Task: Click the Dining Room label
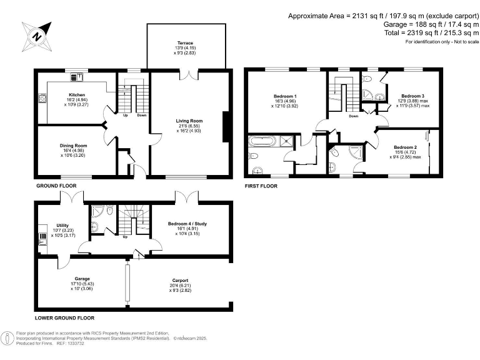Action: [73, 145]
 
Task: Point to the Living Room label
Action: [190, 121]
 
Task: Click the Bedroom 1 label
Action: [286, 96]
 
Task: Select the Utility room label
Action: [62, 225]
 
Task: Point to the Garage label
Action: [82, 278]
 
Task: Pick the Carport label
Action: [180, 281]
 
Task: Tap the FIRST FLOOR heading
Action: [261, 186]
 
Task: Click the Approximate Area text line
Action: [382, 16]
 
